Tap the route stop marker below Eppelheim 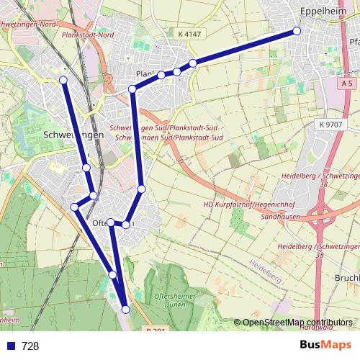pyautogui.click(x=297, y=31)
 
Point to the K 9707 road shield pyautogui.click(x=330, y=125)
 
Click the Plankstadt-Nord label pyautogui.click(x=89, y=35)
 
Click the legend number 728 pyautogui.click(x=30, y=346)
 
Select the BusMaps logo pyautogui.click(x=325, y=345)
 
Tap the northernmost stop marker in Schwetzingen pyautogui.click(x=63, y=79)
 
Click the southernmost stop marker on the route pyautogui.click(x=126, y=310)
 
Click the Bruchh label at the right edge pyautogui.click(x=348, y=277)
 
